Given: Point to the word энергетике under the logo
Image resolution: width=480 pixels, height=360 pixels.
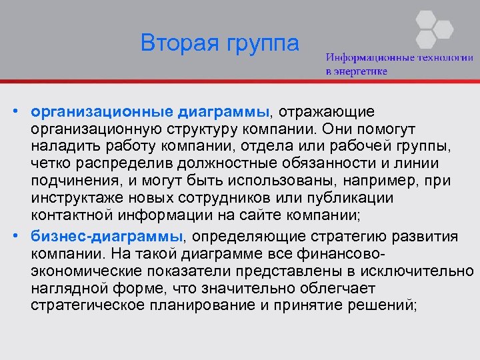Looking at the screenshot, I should [x=363, y=71].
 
